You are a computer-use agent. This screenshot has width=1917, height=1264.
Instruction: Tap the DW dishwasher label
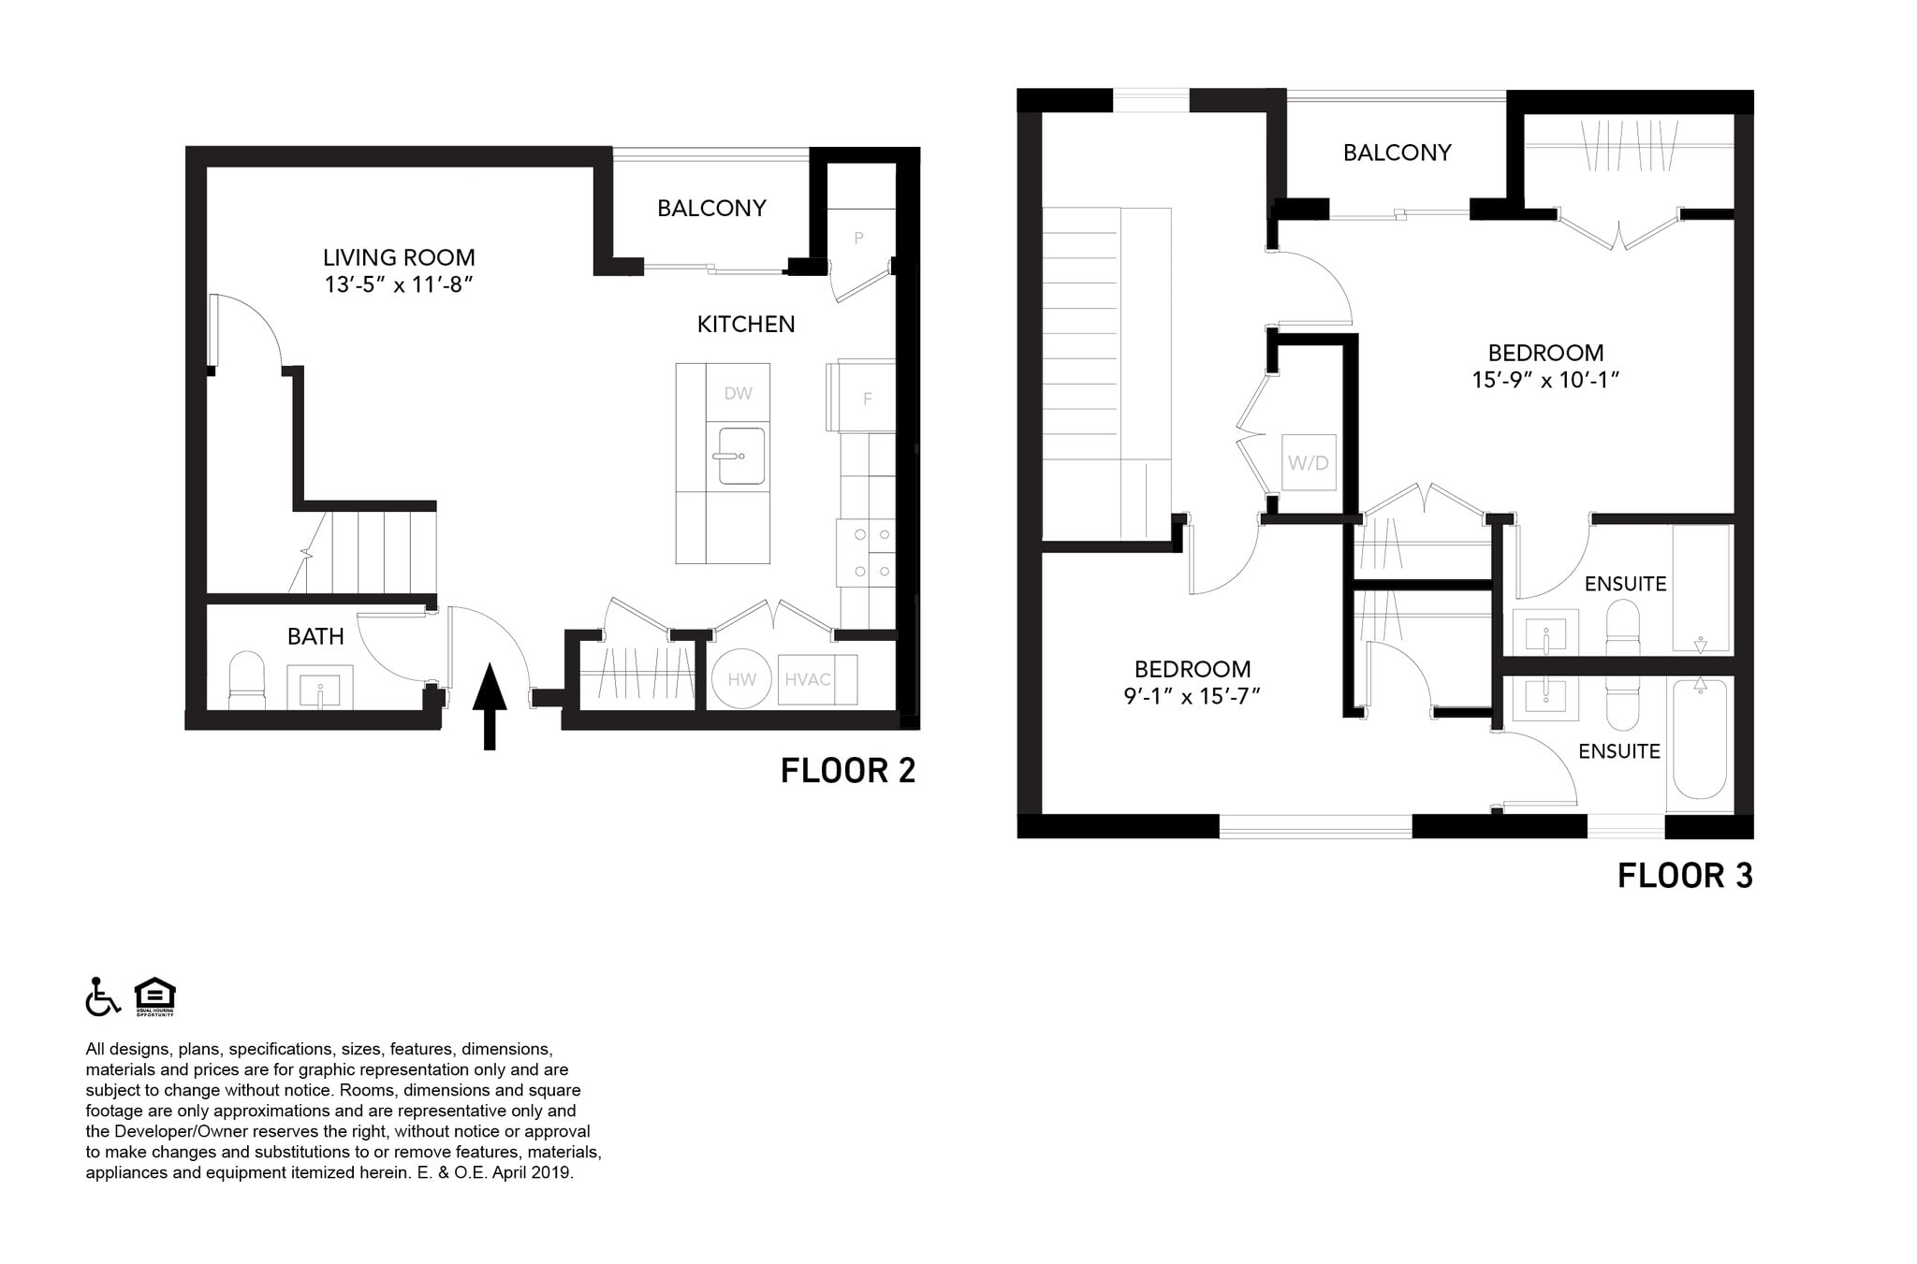(738, 394)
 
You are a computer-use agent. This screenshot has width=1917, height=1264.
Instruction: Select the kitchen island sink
(741, 457)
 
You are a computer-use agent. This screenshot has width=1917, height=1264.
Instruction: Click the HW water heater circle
(741, 679)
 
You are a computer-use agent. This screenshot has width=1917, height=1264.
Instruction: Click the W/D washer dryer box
(1308, 462)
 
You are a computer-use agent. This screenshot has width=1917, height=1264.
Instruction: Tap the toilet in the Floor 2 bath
(247, 680)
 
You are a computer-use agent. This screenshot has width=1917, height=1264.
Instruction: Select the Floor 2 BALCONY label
(711, 208)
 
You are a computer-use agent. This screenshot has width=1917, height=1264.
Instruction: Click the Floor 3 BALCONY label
(1397, 153)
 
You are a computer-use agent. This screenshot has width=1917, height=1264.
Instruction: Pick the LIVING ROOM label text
(399, 257)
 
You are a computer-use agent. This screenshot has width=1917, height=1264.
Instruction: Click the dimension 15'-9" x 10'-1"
(1545, 380)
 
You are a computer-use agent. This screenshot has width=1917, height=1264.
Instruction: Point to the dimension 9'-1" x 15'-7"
(1192, 696)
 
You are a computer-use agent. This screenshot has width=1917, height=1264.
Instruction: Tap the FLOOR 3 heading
(1685, 876)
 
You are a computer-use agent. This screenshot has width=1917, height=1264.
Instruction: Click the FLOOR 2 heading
(848, 771)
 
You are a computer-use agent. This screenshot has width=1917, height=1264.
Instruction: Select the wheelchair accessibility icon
(103, 996)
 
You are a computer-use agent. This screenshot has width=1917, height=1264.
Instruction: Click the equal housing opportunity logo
(154, 996)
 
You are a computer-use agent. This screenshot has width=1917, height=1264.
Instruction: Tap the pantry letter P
(858, 239)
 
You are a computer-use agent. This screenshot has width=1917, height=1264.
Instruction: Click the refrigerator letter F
(867, 400)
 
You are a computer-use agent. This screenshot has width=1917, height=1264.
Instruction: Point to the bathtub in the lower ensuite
(1698, 739)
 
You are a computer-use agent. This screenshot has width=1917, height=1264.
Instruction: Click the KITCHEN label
(745, 325)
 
